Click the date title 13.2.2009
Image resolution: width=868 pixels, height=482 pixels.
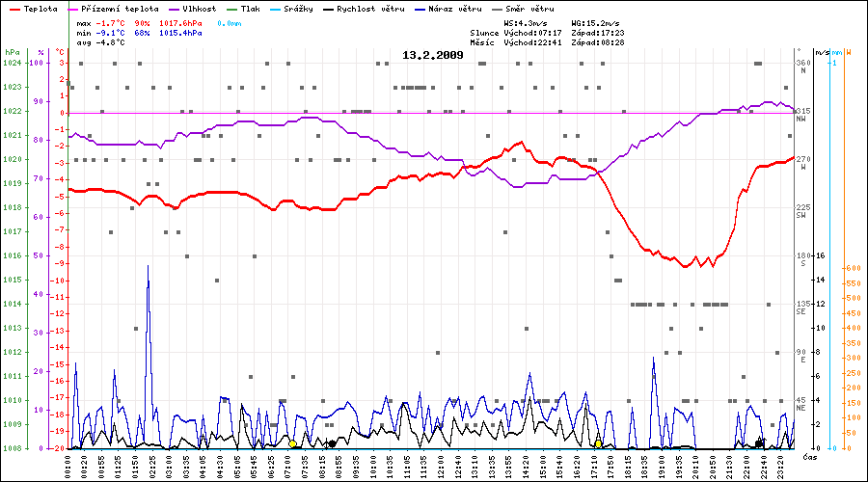432,55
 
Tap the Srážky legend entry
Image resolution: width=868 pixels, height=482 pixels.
303,9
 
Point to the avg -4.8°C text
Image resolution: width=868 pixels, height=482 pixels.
100,42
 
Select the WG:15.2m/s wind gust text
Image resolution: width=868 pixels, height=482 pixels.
596,21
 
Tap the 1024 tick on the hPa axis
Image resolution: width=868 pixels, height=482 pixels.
12,63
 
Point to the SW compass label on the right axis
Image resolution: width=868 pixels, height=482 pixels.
801,215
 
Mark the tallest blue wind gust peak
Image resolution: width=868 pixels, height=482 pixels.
148,267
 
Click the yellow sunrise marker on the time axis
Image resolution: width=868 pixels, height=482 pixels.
292,443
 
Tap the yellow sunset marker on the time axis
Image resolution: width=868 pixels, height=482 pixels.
599,443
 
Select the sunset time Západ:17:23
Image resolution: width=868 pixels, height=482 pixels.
598,32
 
